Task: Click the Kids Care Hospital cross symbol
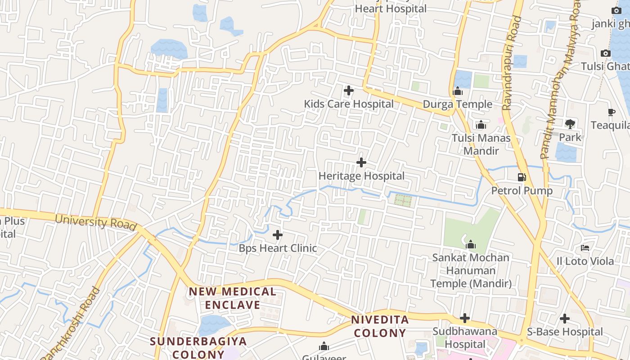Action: (x=348, y=90)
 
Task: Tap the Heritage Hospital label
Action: (x=361, y=176)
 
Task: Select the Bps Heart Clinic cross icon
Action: (x=278, y=235)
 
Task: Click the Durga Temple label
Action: (x=457, y=104)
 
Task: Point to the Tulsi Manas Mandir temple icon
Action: (x=481, y=125)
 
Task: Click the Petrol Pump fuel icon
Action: (x=522, y=177)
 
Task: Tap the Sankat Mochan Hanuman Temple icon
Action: (x=471, y=244)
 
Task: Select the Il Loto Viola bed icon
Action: (x=585, y=247)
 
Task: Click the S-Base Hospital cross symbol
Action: (x=565, y=319)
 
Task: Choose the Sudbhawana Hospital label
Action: (x=465, y=338)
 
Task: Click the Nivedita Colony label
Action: (x=380, y=327)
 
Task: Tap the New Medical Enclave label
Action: (x=232, y=298)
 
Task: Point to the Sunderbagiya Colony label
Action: (x=198, y=347)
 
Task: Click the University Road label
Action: (x=95, y=222)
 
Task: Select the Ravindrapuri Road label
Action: (x=512, y=63)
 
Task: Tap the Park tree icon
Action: (x=570, y=124)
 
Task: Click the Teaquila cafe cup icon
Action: (x=611, y=112)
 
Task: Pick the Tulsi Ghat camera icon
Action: (x=606, y=53)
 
